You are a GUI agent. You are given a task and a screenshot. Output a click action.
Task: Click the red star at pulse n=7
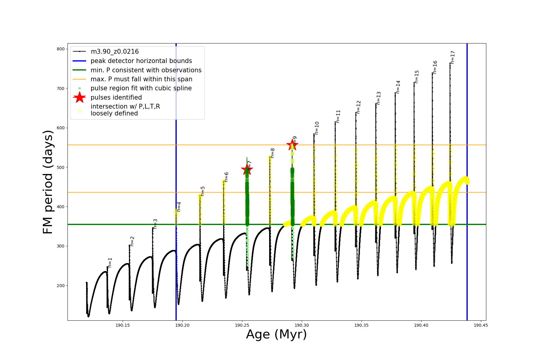coord(247,169)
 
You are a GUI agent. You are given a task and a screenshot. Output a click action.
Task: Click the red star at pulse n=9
coord(292,145)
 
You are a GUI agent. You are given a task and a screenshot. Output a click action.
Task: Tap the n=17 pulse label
coord(453,57)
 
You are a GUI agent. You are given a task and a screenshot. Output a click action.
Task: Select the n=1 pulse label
coord(110,262)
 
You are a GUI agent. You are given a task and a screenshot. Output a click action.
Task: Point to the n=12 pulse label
coord(358,107)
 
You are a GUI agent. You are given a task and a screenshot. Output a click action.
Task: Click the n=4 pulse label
coord(179,207)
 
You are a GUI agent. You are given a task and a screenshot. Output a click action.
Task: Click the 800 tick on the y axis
coord(61,49)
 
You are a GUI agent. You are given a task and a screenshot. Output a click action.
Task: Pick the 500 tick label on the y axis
coord(61,167)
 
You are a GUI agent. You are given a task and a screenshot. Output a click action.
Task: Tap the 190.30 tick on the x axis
coord(302,325)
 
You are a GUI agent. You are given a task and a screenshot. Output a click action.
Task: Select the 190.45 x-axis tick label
coord(481,325)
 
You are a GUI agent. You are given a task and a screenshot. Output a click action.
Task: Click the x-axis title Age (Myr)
coord(276,334)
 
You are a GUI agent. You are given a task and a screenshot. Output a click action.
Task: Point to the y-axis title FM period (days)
coord(48,182)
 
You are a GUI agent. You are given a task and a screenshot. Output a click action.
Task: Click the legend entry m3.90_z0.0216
coord(115,52)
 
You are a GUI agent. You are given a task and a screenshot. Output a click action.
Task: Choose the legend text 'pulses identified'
coord(116,97)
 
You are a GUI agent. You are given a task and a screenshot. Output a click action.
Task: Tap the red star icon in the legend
coord(79,97)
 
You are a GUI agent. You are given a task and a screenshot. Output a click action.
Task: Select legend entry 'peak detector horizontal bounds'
coord(141,61)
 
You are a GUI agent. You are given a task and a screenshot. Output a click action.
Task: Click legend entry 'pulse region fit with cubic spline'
coord(141,88)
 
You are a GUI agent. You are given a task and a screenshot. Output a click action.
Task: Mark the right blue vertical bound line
coord(467,180)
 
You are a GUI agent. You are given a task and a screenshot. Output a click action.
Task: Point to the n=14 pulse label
coord(398,87)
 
